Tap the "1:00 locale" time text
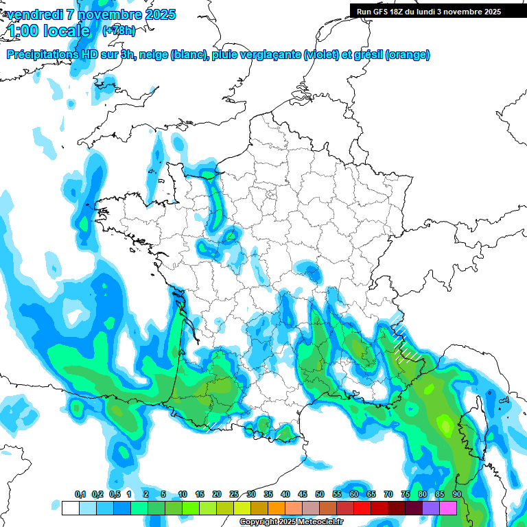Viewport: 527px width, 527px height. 48,31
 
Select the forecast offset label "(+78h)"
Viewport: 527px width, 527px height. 119,31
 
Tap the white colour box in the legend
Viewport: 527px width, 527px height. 70,508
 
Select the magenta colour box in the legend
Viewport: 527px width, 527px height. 448,508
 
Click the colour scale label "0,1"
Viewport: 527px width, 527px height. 80,494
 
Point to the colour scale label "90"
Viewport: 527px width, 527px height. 456,494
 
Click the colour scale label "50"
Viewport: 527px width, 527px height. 320,494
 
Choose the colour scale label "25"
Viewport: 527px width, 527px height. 234,494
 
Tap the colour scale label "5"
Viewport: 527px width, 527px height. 163,494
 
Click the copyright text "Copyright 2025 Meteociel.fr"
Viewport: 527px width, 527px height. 291,522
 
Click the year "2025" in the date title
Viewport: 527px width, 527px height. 159,14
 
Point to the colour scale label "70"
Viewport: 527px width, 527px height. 388,494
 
